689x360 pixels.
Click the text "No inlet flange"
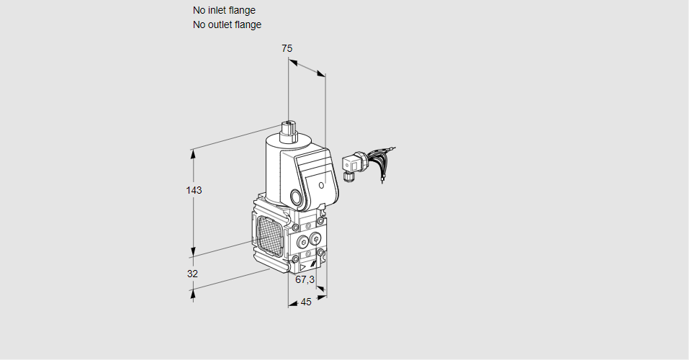(224, 10)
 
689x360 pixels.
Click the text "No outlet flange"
(227, 24)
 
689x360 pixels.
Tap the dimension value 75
(287, 48)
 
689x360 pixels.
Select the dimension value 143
(194, 190)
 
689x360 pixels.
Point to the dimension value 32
(192, 274)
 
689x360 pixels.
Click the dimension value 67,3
(305, 279)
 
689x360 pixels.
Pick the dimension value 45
(306, 302)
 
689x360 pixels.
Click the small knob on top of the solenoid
(289, 130)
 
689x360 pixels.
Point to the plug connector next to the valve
(351, 165)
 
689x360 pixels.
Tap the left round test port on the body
(301, 239)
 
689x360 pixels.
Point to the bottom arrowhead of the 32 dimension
(192, 292)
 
